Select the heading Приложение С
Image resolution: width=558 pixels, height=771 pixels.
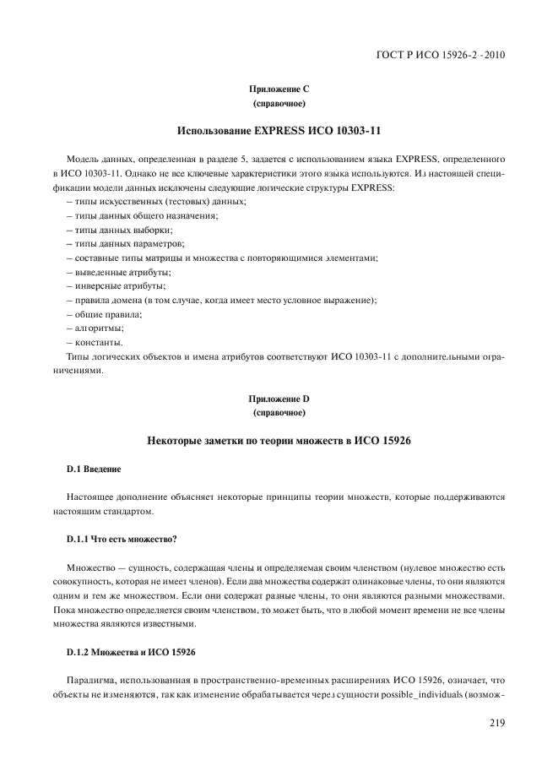click(x=279, y=90)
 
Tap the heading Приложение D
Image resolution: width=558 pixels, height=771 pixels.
click(x=279, y=398)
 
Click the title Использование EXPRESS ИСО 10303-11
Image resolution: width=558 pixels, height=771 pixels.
click(x=279, y=131)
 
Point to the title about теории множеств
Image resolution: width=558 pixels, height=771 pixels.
click(x=279, y=440)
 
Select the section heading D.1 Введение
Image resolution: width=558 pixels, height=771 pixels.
click(x=94, y=469)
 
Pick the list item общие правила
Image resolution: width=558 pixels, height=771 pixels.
click(x=104, y=314)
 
